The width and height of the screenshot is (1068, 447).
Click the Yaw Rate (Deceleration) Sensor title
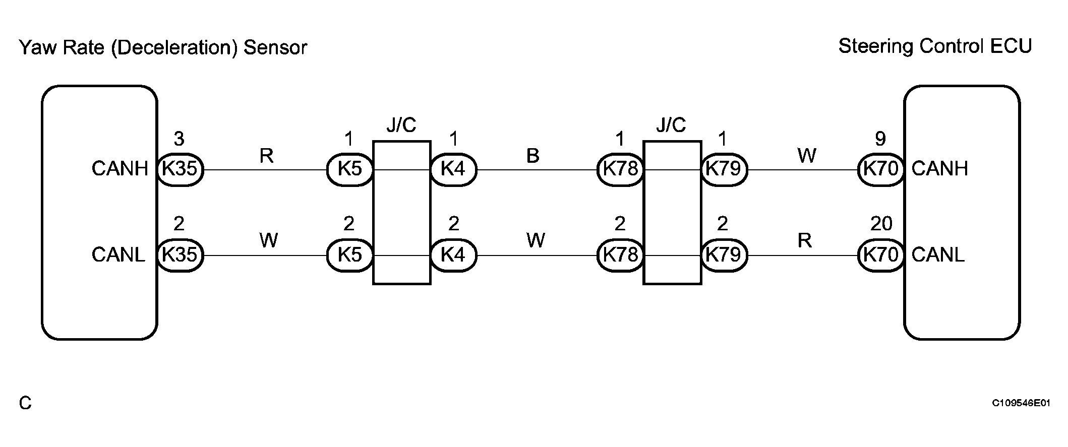(162, 48)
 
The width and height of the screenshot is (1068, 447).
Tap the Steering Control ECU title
(935, 46)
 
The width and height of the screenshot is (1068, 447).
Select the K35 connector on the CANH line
(180, 169)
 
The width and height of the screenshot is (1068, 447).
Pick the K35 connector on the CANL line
(180, 255)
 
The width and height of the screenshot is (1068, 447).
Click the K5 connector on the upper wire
(350, 169)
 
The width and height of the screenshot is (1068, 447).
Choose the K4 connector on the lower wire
(453, 255)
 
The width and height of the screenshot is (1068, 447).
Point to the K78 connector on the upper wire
(620, 169)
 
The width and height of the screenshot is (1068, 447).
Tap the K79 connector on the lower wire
(724, 255)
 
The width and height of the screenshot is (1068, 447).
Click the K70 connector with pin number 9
(880, 169)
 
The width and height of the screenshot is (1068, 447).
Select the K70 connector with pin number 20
(880, 255)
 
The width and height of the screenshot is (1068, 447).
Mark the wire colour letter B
(533, 156)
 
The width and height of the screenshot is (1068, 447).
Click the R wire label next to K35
(266, 156)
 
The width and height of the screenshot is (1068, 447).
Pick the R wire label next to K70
(805, 241)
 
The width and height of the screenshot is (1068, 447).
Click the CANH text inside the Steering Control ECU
(940, 169)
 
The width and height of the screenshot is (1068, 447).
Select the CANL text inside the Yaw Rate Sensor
(118, 255)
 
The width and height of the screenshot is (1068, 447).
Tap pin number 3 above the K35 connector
(179, 139)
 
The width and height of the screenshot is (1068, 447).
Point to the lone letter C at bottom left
(25, 404)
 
